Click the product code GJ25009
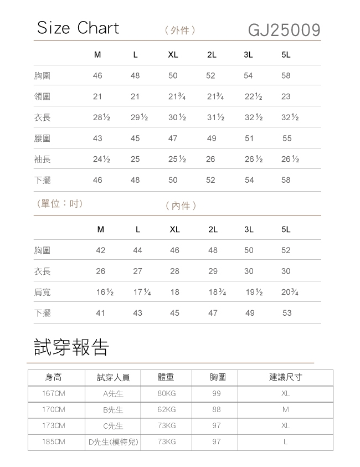(x=284, y=29)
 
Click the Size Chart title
(x=78, y=28)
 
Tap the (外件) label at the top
(x=180, y=30)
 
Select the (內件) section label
(x=181, y=206)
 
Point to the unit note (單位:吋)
(x=59, y=203)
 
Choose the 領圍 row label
(x=42, y=97)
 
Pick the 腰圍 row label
(x=42, y=138)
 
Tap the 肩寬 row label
(x=42, y=292)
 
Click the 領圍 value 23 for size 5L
(x=286, y=97)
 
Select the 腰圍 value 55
(x=286, y=138)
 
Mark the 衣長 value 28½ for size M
(x=101, y=118)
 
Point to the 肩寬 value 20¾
(x=290, y=292)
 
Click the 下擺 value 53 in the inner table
(x=286, y=313)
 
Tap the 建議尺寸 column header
(x=285, y=377)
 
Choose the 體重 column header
(x=166, y=377)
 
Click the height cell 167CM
(x=54, y=394)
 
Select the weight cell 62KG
(x=166, y=410)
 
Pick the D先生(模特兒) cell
(x=113, y=442)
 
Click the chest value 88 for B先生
(x=216, y=410)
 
